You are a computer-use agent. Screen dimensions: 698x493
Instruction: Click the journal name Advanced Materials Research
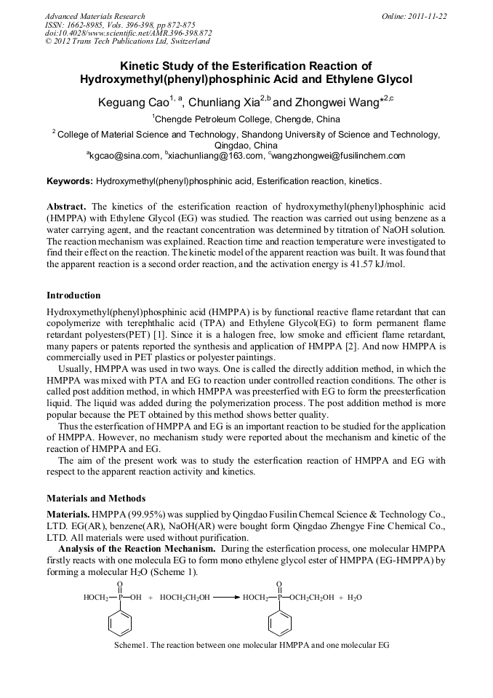point(95,16)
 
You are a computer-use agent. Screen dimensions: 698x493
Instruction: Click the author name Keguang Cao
point(128,103)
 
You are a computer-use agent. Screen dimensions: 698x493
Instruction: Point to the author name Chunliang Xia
point(224,103)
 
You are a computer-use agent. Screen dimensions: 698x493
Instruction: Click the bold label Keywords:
point(70,181)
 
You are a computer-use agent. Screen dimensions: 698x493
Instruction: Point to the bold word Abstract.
point(67,206)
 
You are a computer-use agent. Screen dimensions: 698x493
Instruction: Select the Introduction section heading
point(73,296)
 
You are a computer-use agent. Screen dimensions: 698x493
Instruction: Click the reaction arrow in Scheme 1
point(225,598)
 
